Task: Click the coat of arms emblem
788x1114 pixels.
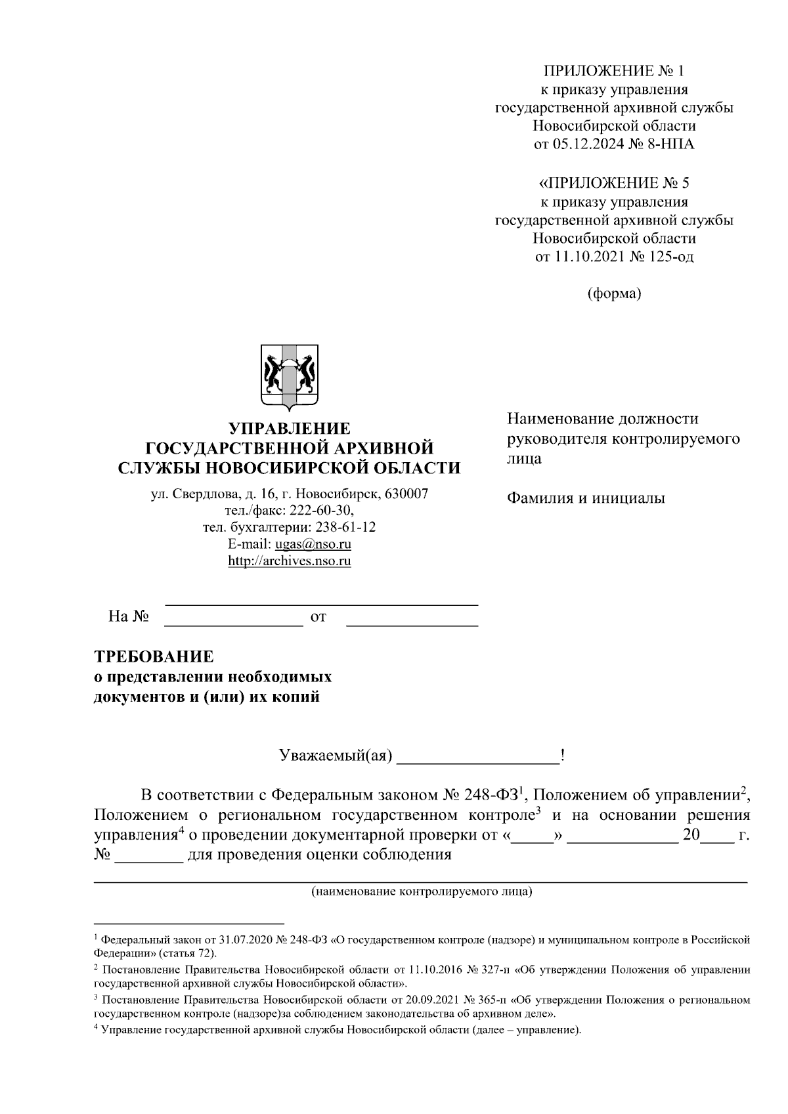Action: tap(290, 376)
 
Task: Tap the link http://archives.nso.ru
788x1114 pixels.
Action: tap(289, 561)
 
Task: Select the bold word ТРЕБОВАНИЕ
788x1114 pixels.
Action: tap(154, 656)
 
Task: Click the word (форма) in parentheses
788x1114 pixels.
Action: tap(614, 293)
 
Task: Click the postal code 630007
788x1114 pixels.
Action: tap(406, 493)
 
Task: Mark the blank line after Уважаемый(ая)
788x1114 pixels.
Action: tap(478, 758)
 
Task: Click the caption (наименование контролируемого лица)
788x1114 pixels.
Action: tap(421, 892)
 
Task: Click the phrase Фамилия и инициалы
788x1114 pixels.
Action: tap(586, 498)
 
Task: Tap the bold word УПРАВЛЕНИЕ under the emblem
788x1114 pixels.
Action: tap(289, 429)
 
